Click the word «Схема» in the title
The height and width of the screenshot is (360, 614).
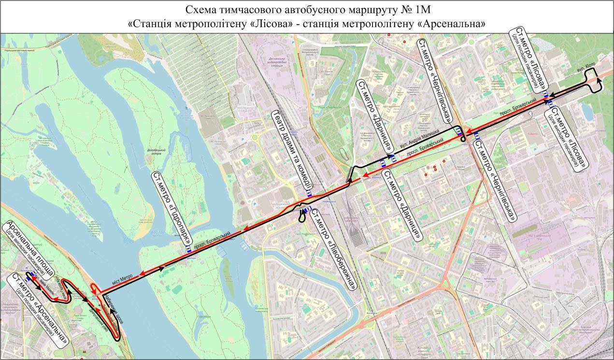200,10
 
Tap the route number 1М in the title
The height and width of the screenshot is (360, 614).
422,10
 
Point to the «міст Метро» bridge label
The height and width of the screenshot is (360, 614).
122,277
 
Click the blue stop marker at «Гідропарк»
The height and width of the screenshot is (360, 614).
189,249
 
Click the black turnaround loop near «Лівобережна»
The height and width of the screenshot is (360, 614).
302,218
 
